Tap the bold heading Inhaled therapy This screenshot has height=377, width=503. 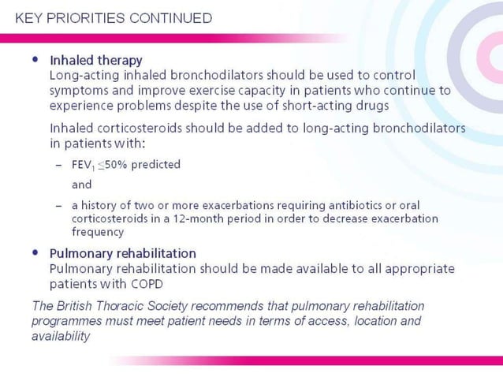95,60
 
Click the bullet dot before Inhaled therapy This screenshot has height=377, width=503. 35,59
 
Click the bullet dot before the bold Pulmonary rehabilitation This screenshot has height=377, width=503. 35,253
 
